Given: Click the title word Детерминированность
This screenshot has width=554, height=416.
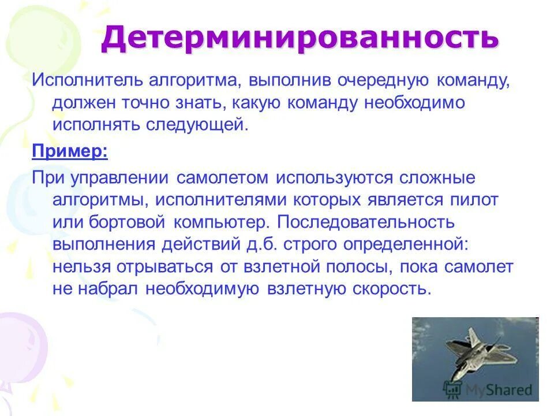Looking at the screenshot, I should [x=300, y=38].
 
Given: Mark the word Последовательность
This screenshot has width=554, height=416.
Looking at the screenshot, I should [x=361, y=222].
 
